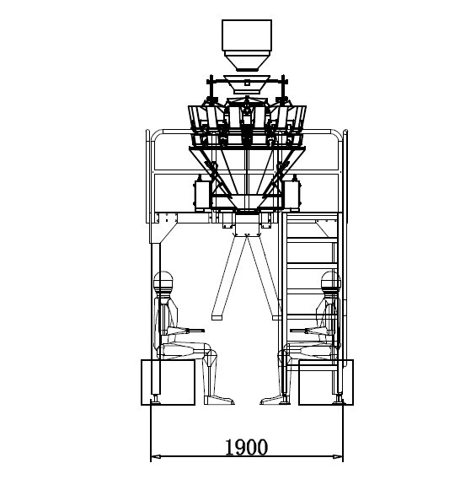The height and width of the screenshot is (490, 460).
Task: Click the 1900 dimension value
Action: (246, 445)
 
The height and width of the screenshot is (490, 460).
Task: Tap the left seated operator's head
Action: (165, 282)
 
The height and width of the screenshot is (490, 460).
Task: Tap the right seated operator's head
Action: (329, 282)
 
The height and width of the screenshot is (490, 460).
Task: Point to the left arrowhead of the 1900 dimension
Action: (154, 457)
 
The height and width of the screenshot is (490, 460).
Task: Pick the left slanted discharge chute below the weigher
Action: (225, 278)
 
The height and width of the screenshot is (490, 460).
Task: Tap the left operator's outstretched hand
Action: (201, 330)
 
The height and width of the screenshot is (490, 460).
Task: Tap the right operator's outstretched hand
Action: (292, 330)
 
